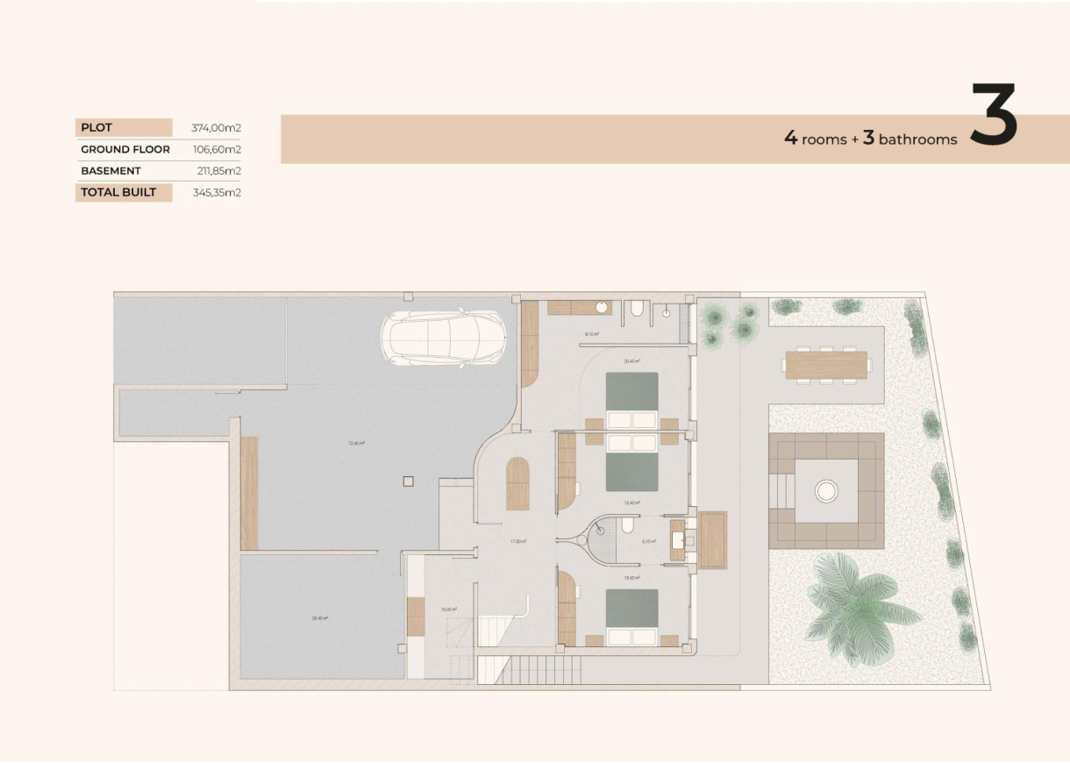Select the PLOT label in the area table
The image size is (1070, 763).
point(96,128)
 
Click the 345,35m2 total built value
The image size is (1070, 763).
point(217,192)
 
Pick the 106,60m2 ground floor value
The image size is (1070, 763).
point(217,150)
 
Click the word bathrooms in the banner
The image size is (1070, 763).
point(917,139)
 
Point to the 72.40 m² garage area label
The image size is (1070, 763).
point(356,444)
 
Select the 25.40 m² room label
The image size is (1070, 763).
point(319,618)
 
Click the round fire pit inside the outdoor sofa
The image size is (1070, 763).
point(825,490)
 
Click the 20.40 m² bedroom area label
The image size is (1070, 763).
point(631,361)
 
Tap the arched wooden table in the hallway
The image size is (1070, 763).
point(517,484)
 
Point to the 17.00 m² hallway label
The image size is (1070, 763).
point(518,542)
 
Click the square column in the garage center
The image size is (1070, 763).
point(407,481)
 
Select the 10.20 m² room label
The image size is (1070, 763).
point(448,610)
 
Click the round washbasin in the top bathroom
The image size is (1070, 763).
point(603,308)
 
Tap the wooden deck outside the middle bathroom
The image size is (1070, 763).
point(712,539)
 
